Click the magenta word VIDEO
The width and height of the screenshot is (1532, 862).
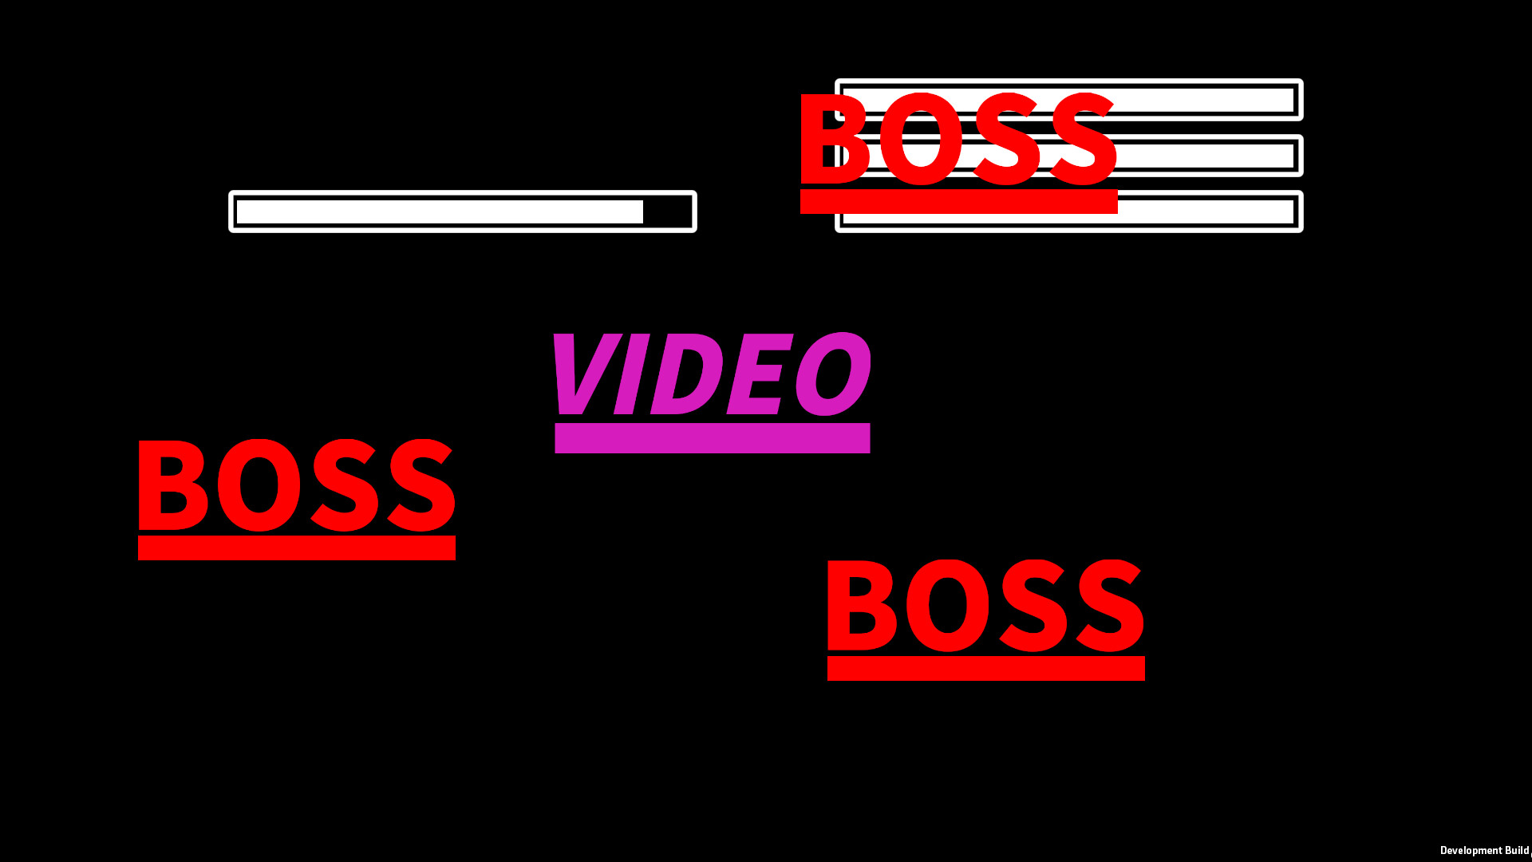[x=710, y=374]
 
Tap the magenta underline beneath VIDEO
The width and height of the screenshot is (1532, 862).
[x=713, y=438]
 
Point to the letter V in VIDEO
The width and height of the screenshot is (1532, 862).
[x=586, y=374]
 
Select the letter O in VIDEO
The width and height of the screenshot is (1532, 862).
[x=833, y=374]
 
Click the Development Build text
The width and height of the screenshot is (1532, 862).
[x=1485, y=851]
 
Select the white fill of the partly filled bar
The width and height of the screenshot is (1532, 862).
[x=440, y=212]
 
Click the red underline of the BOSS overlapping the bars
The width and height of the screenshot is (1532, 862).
[x=959, y=201]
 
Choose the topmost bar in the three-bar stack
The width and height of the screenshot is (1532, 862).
[x=1069, y=100]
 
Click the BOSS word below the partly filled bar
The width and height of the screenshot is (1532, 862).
[x=297, y=484]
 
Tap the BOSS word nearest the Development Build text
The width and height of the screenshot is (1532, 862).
[x=986, y=605]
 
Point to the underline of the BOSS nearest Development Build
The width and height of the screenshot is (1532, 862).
[x=986, y=668]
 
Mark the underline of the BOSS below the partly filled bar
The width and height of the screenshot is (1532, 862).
[x=297, y=548]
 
